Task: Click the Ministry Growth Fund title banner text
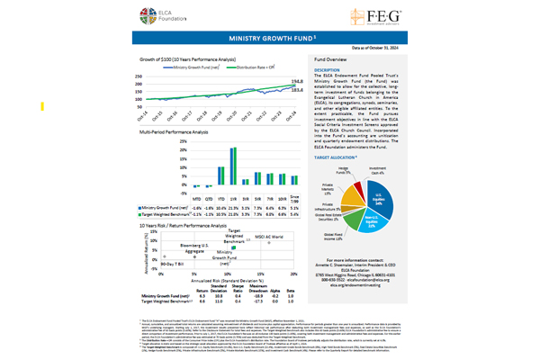tap(269, 40)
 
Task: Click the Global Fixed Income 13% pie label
tap(335, 238)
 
